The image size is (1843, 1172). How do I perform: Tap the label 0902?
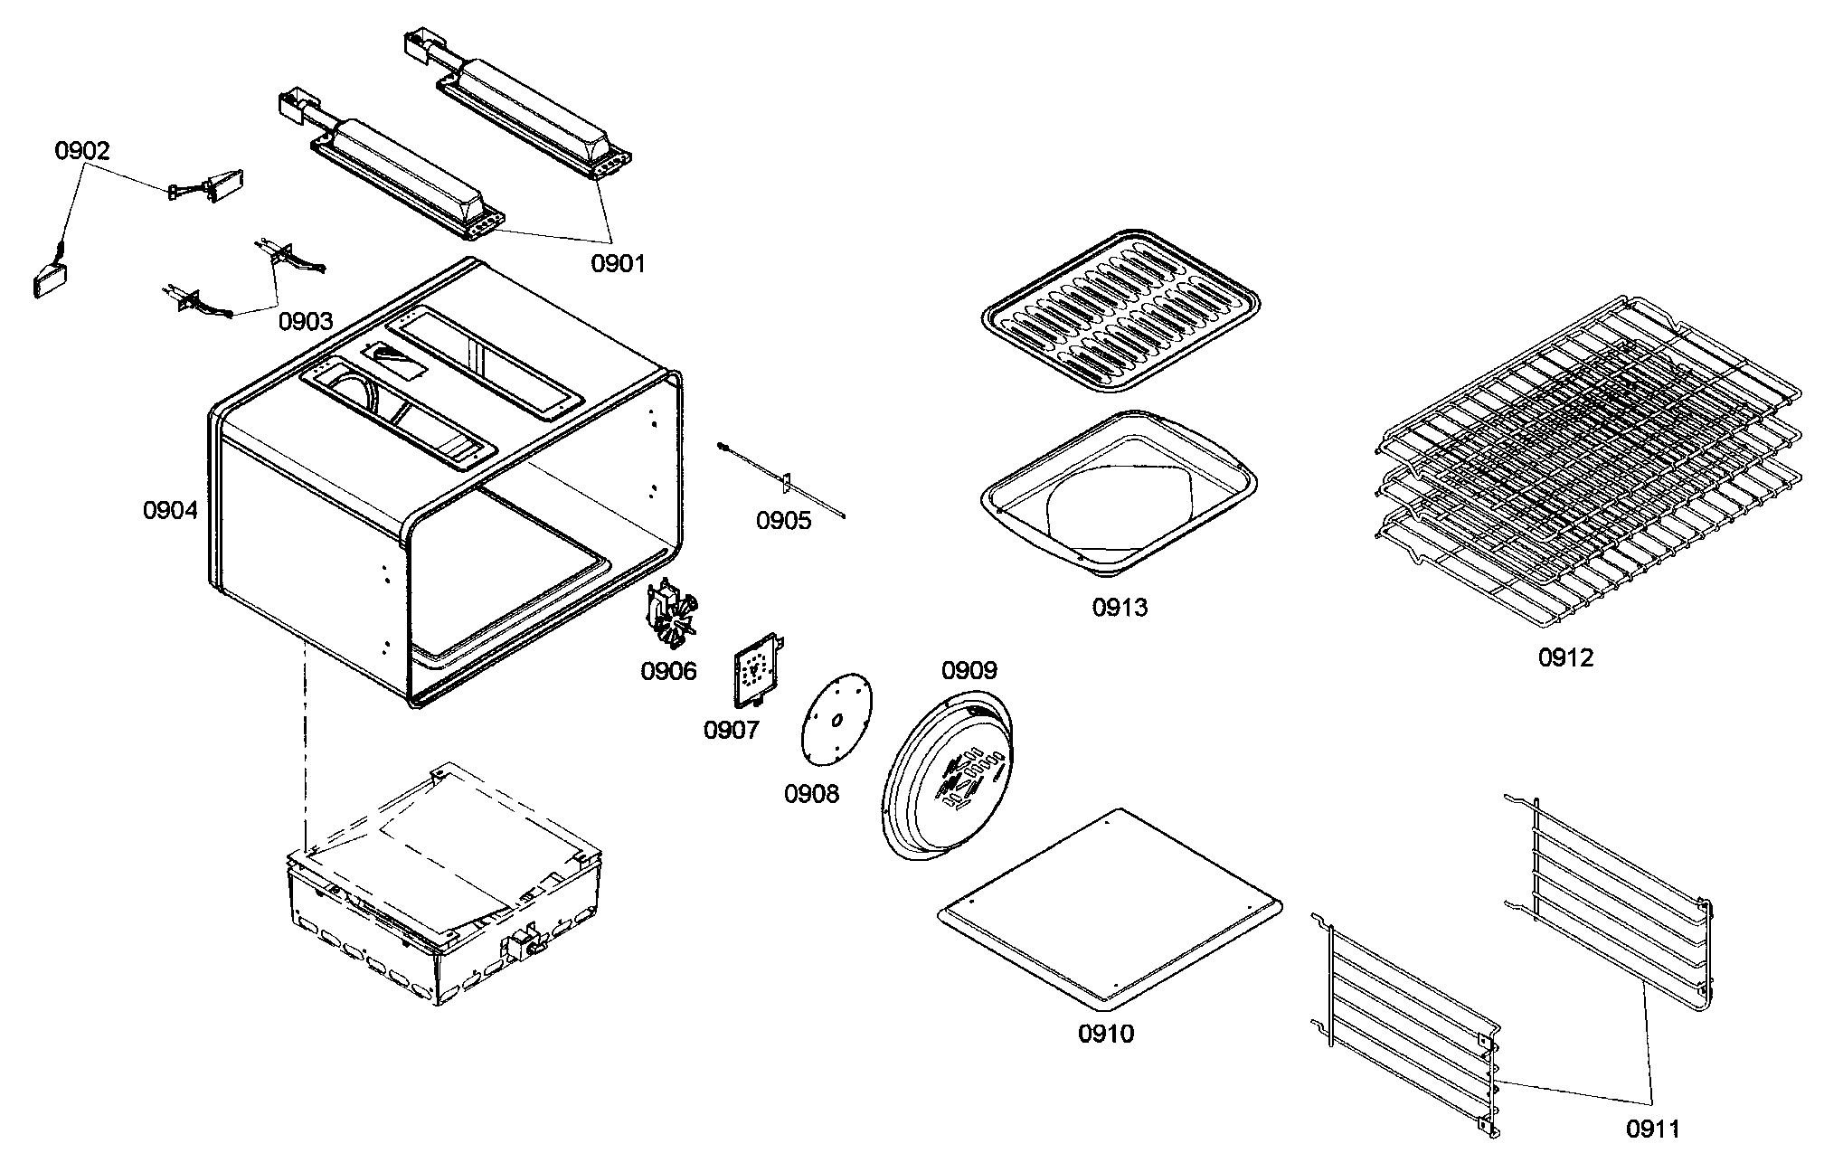[82, 151]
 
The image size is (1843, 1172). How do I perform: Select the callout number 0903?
[305, 321]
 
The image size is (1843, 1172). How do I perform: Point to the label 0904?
[170, 511]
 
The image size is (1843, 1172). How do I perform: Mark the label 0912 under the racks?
[1565, 657]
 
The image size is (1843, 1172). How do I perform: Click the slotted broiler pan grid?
[1120, 311]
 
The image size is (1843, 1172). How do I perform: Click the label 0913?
[1120, 608]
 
